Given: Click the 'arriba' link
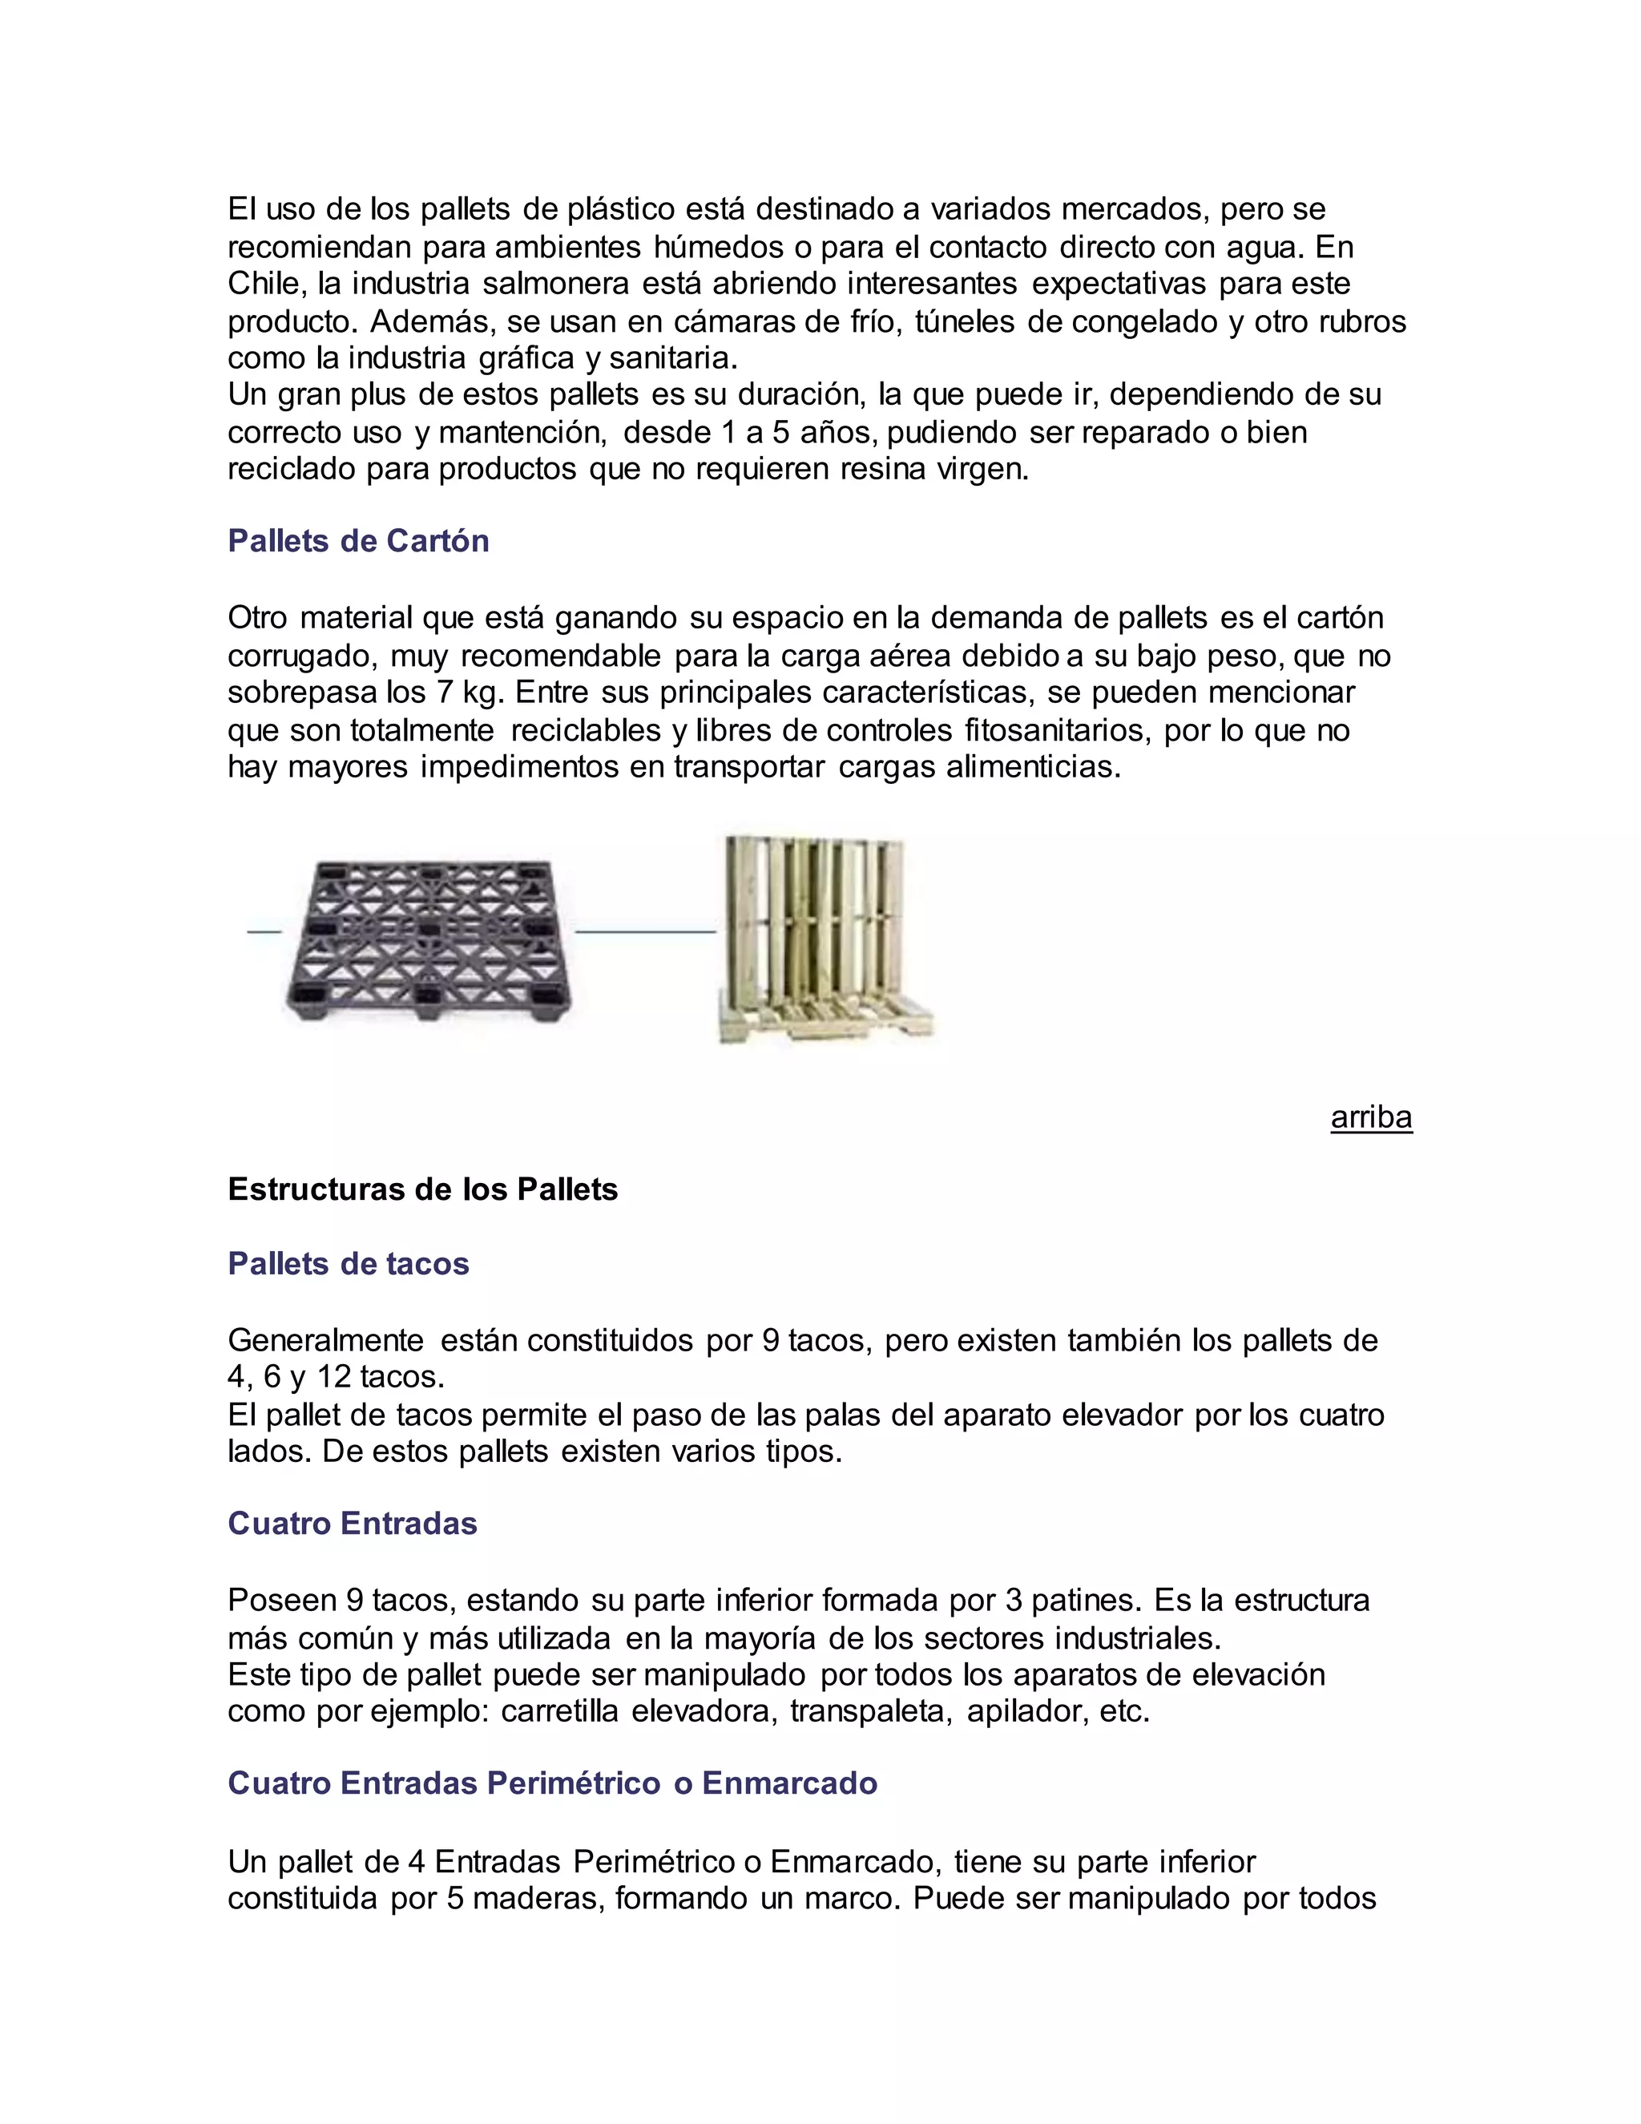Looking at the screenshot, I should tap(1371, 1117).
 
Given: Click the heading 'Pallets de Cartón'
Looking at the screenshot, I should tap(357, 541).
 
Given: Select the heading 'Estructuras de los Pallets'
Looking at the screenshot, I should tap(423, 1189).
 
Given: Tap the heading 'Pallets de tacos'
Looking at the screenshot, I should tap(348, 1263).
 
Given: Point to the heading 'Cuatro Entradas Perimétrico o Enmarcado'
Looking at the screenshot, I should tap(552, 1783).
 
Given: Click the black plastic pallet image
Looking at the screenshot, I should tap(428, 939).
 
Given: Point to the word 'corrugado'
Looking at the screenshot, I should tap(301, 656).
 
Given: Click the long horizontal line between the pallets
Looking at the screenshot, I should tap(646, 931).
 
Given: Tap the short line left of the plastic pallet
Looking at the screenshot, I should tap(264, 931).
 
